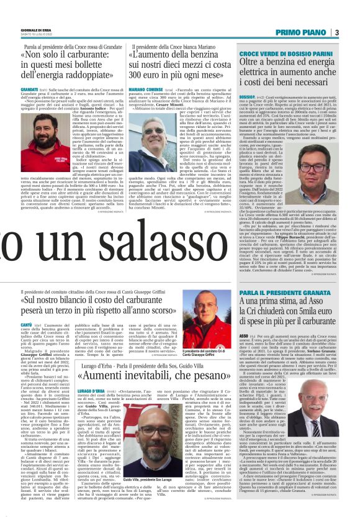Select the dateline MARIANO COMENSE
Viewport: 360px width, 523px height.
point(144,89)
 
